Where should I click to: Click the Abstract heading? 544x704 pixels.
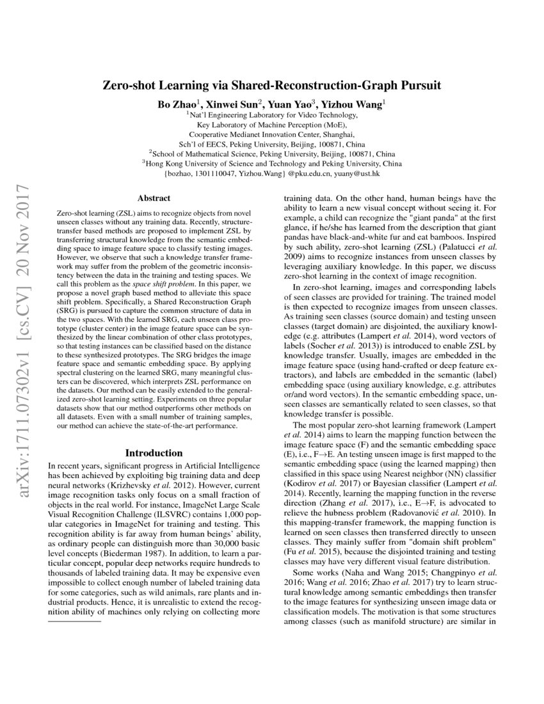(x=154, y=198)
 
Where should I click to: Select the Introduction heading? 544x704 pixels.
(x=154, y=452)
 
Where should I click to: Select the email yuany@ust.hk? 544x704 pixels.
(x=360, y=173)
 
